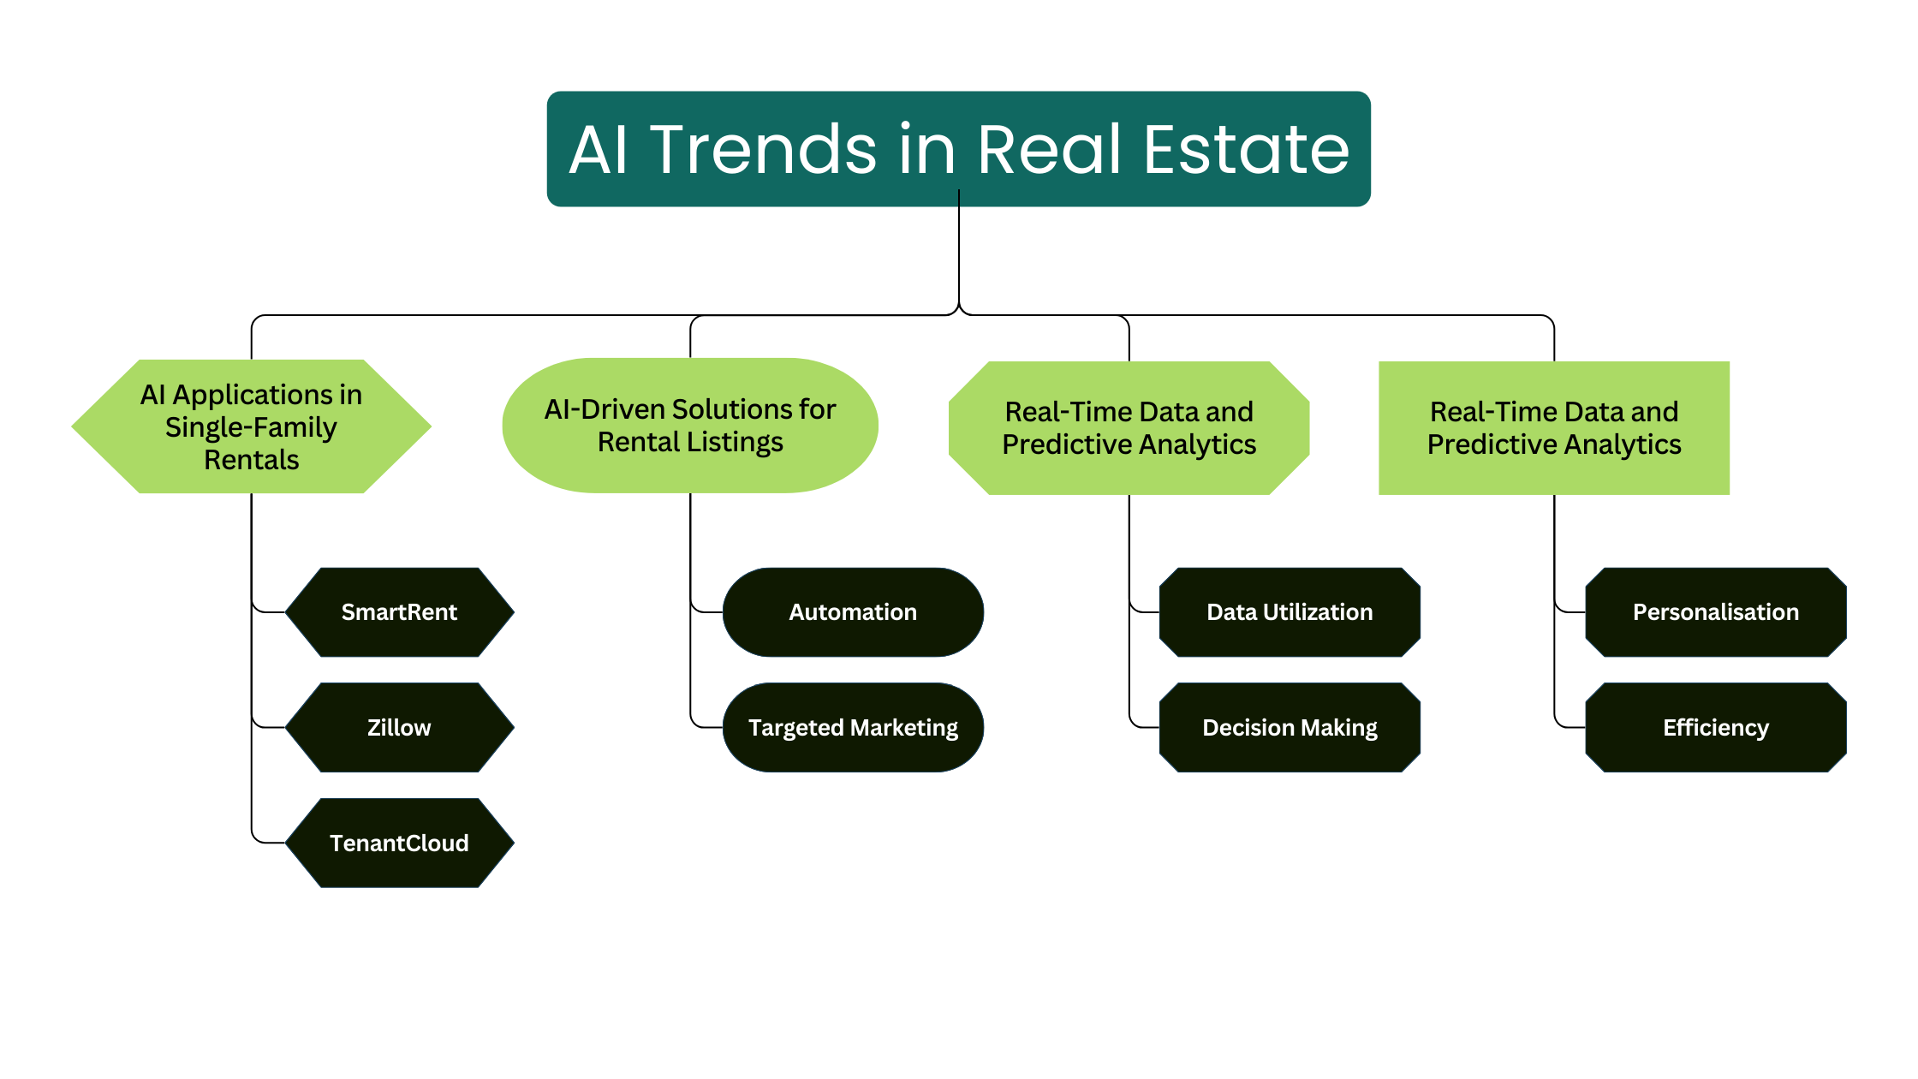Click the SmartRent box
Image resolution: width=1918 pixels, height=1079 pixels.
[x=399, y=612]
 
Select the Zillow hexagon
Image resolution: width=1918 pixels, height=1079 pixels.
[x=399, y=728]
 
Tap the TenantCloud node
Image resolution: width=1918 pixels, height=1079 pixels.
[x=399, y=844]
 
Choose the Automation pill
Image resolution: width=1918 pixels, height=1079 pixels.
[x=853, y=612]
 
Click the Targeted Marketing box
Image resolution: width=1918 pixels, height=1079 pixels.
[x=853, y=728]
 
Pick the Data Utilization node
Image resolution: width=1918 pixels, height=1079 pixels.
[x=1290, y=612]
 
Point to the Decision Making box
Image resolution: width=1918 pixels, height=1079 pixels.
[x=1290, y=728]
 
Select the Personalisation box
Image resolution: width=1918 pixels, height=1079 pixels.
[x=1716, y=612]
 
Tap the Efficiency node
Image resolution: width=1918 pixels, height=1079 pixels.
[x=1716, y=728]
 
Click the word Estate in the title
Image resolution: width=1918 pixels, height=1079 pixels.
[x=1247, y=150]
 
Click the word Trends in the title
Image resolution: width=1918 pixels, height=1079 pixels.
[x=764, y=150]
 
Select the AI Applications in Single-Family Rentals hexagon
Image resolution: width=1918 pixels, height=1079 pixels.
[x=251, y=426]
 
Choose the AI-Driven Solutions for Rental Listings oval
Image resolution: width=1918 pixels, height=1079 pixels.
[x=690, y=426]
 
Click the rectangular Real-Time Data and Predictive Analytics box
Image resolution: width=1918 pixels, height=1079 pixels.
[x=1554, y=428]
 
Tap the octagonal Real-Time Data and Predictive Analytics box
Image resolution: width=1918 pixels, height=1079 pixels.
[x=1129, y=428]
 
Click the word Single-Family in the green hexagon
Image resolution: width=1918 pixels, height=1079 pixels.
[x=251, y=427]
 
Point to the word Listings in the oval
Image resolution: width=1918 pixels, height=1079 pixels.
[x=735, y=443]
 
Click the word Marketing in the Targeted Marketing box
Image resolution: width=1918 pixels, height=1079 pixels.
[x=905, y=728]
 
